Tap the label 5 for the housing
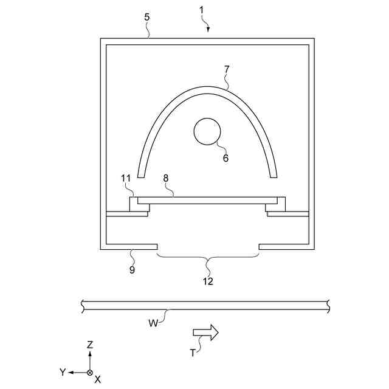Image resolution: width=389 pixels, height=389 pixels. pyautogui.click(x=147, y=17)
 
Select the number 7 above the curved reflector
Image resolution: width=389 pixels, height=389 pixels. pyautogui.click(x=226, y=69)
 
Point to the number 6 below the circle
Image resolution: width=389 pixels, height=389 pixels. pyautogui.click(x=225, y=157)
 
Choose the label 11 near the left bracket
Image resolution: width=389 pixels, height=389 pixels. pyautogui.click(x=126, y=178)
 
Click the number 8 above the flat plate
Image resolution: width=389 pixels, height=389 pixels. pyautogui.click(x=166, y=178)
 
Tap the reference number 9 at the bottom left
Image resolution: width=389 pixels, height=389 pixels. pyautogui.click(x=132, y=269)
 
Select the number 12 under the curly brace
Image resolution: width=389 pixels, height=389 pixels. pyautogui.click(x=208, y=281)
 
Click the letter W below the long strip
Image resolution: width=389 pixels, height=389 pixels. pyautogui.click(x=153, y=323)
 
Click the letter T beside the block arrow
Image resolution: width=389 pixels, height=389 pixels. pyautogui.click(x=192, y=352)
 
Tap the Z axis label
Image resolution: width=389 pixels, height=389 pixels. pyautogui.click(x=90, y=344)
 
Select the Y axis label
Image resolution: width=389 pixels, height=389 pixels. pyautogui.click(x=62, y=371)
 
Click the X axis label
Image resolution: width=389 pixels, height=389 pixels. pyautogui.click(x=98, y=379)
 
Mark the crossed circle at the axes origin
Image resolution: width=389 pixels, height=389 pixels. pyautogui.click(x=90, y=371)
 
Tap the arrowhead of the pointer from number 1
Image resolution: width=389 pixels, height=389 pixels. pyautogui.click(x=209, y=29)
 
